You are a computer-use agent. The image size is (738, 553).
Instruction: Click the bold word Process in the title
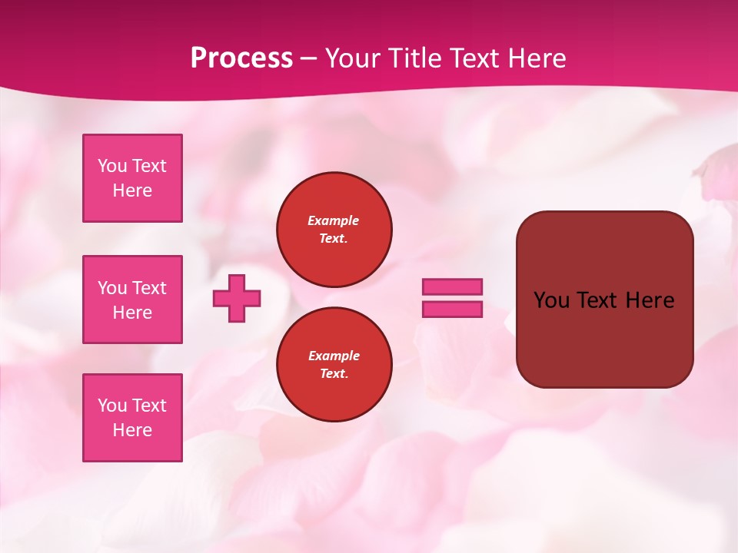241,58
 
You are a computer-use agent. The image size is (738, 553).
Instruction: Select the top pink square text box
132,178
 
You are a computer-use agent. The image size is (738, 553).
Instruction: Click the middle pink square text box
132,300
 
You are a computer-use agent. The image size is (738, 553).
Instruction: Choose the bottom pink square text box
132,418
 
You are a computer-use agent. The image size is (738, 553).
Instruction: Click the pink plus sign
237,298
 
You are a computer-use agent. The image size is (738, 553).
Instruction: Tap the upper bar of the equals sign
452,286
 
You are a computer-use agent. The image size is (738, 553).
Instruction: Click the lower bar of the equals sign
452,309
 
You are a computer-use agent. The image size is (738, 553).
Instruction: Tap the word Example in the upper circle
333,220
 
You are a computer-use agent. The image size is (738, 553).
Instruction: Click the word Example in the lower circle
333,356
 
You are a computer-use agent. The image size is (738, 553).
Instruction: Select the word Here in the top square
132,190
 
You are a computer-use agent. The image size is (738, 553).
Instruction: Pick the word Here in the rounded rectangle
650,300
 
